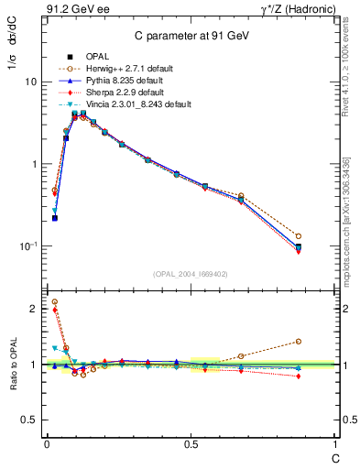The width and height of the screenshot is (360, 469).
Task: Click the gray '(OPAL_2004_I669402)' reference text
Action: pos(190,274)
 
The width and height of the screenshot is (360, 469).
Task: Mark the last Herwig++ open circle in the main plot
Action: pos(323,236)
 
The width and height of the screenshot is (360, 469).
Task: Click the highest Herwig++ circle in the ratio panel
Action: pos(54,301)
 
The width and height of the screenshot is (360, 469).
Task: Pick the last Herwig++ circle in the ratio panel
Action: pos(323,342)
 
